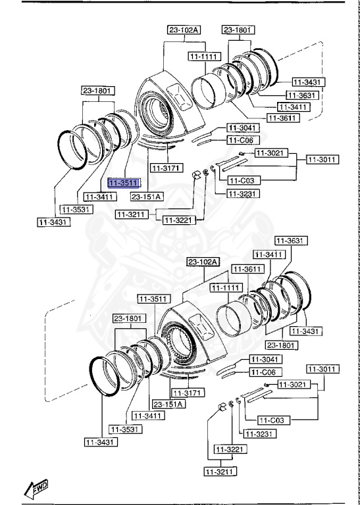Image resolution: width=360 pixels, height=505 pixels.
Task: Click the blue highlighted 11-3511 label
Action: coord(124,183)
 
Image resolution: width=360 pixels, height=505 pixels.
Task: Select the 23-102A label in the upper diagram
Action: coord(183,30)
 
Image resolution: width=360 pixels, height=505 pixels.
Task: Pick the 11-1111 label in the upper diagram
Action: coord(203,57)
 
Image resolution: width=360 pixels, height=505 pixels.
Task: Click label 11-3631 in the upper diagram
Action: coord(305,95)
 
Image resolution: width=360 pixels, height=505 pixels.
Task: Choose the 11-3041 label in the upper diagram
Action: coord(244,128)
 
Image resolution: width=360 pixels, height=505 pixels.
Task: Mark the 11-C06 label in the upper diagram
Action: coord(244,140)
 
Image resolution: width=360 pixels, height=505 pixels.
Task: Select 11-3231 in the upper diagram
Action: coord(244,194)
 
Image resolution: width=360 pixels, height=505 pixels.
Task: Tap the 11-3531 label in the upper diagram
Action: coord(76,209)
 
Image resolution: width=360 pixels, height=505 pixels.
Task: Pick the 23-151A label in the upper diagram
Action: coord(146,196)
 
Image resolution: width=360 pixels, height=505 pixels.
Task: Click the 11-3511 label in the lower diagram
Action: coord(153,299)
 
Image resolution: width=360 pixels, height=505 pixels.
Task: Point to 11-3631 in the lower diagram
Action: coord(290,241)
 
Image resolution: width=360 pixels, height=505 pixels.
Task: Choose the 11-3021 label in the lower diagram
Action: coord(292,384)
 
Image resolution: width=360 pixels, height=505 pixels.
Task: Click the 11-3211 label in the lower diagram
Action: coord(220,471)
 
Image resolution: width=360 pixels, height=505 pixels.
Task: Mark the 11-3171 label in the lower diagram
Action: coord(186,393)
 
